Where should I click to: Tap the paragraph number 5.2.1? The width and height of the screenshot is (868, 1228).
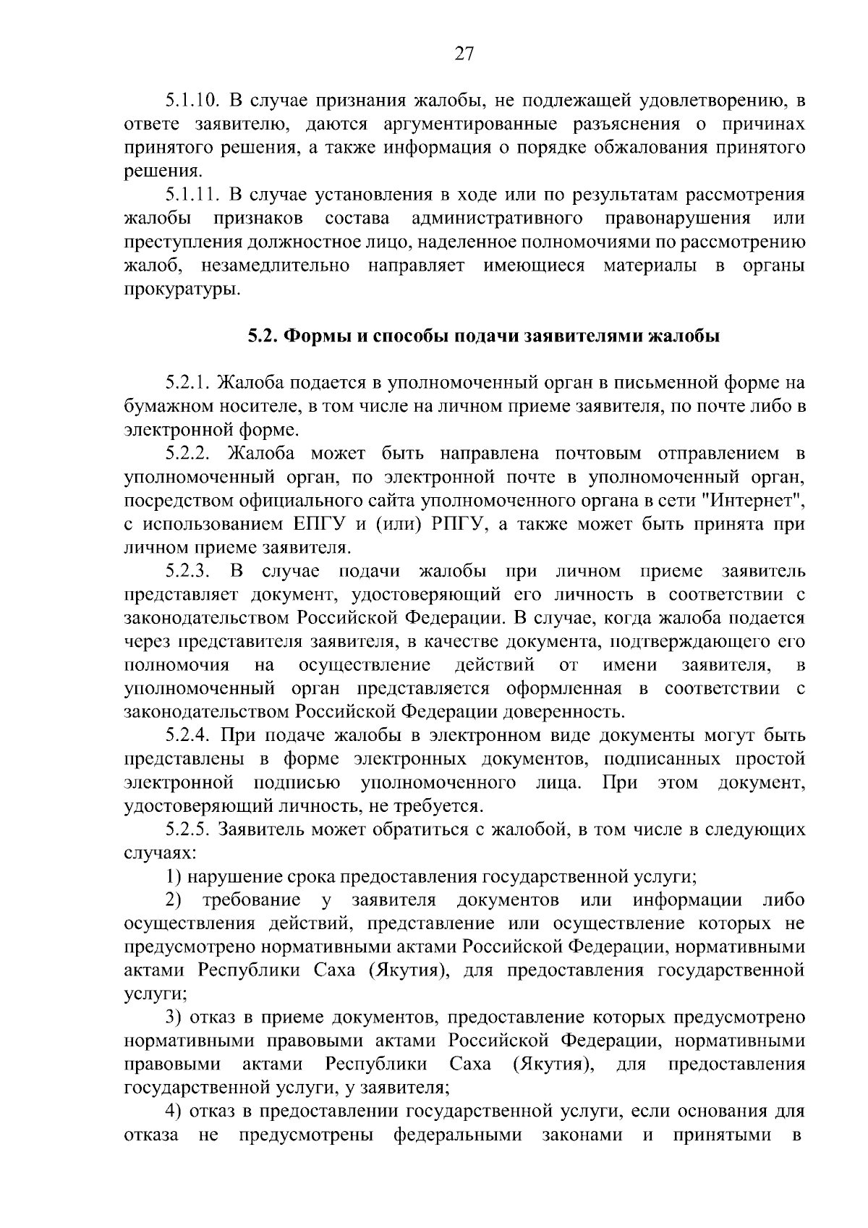coord(187,383)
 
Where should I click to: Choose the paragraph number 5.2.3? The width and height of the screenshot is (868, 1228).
coord(187,572)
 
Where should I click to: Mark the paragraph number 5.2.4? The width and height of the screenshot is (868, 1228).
coord(187,736)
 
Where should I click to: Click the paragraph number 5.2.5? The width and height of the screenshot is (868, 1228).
coord(187,830)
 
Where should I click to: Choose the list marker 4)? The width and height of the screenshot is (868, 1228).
coord(173,1112)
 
